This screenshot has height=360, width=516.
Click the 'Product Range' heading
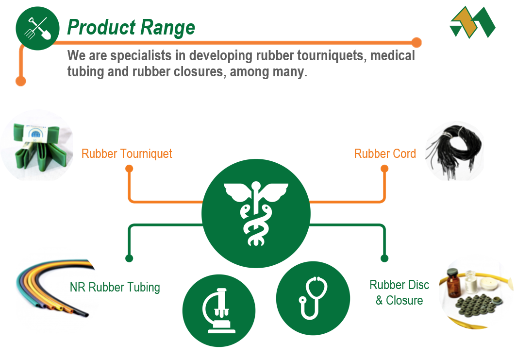[131, 28]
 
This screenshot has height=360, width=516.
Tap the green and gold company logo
[472, 22]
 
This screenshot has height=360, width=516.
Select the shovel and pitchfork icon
[37, 29]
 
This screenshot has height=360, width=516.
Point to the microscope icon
[218, 310]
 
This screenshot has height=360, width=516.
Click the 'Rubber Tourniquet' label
[127, 154]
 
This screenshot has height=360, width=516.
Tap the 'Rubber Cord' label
[385, 154]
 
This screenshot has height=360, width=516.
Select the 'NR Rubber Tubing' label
[115, 287]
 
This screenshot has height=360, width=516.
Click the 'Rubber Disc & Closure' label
[399, 292]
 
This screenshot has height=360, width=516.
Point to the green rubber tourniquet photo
[37, 146]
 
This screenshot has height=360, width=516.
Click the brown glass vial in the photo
[453, 283]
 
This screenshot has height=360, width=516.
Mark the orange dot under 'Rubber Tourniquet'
[129, 169]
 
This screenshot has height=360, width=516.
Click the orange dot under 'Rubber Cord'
[384, 169]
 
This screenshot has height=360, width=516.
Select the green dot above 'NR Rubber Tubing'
[129, 258]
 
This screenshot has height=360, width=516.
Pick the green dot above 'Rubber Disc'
[384, 258]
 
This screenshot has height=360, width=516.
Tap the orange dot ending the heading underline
[416, 42]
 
